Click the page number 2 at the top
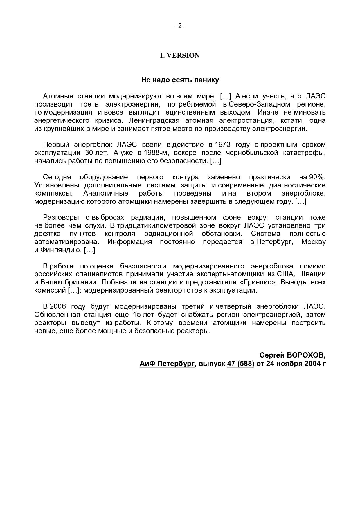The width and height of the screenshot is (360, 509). [180, 26]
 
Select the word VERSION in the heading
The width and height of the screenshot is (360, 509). [183, 55]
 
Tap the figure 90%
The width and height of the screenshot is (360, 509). [317, 177]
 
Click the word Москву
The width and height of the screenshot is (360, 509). [314, 242]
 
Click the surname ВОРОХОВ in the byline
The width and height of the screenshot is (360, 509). [306, 355]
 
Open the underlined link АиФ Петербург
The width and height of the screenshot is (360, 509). [167, 363]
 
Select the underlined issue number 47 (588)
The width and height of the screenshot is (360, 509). [241, 363]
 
